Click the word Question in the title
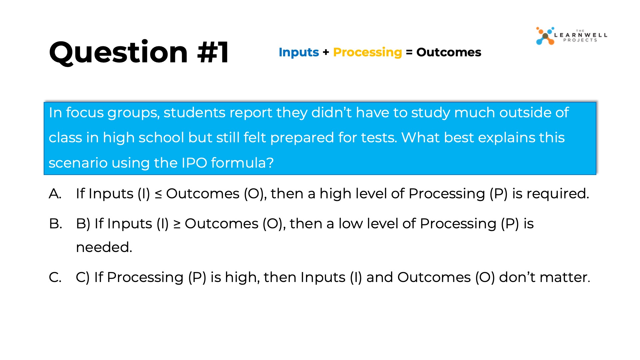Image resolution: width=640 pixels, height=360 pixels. click(x=118, y=52)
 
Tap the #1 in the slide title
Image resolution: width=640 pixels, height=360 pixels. click(x=213, y=52)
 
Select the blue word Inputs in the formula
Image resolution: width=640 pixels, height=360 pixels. click(x=299, y=52)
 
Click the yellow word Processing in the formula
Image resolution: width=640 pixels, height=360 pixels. click(x=367, y=52)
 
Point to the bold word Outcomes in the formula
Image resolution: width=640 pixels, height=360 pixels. click(x=449, y=52)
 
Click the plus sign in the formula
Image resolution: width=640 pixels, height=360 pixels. click(x=326, y=52)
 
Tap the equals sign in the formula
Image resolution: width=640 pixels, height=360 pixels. click(x=409, y=52)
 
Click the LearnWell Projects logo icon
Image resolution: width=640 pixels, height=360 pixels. click(x=545, y=36)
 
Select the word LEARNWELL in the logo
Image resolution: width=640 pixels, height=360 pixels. click(x=581, y=35)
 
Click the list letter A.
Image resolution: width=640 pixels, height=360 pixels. click(x=55, y=194)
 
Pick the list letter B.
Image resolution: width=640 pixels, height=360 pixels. click(x=55, y=224)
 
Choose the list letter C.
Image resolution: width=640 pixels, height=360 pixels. click(x=55, y=277)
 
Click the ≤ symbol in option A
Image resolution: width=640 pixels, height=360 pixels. click(x=158, y=194)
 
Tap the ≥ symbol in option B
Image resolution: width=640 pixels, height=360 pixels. click(x=177, y=224)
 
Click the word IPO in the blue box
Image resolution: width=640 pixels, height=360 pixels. click(x=194, y=163)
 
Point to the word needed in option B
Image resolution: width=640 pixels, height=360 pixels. click(x=104, y=247)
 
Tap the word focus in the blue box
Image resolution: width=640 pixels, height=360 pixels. click(x=84, y=113)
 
